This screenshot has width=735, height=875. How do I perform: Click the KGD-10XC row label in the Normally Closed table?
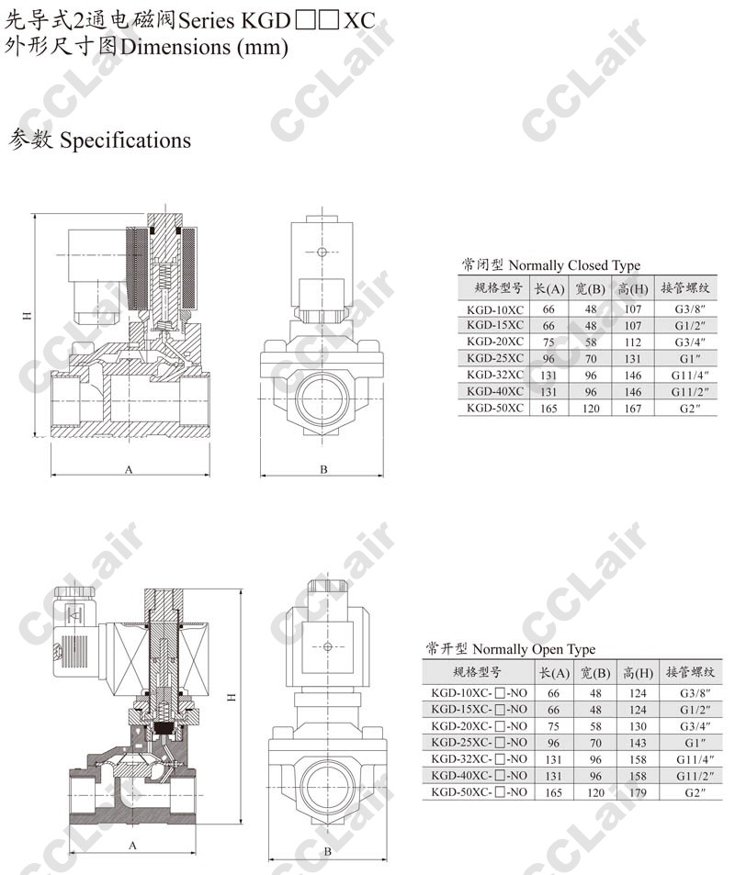pyautogui.click(x=495, y=309)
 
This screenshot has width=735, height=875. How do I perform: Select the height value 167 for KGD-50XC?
pyautogui.click(x=633, y=409)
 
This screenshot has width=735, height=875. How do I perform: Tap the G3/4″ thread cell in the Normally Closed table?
pyautogui.click(x=690, y=342)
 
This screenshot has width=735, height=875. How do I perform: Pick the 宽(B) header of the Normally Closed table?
pyautogui.click(x=591, y=289)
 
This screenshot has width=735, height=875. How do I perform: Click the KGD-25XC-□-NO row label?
pyautogui.click(x=480, y=743)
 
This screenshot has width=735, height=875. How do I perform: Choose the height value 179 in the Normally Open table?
pyautogui.click(x=638, y=792)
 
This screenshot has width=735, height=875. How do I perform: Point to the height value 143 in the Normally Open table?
pyautogui.click(x=638, y=743)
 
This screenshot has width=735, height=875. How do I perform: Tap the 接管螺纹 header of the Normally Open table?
pyautogui.click(x=690, y=672)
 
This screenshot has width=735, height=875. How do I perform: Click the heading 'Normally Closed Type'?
pyautogui.click(x=574, y=265)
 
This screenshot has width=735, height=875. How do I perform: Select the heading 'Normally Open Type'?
pyautogui.click(x=534, y=649)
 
